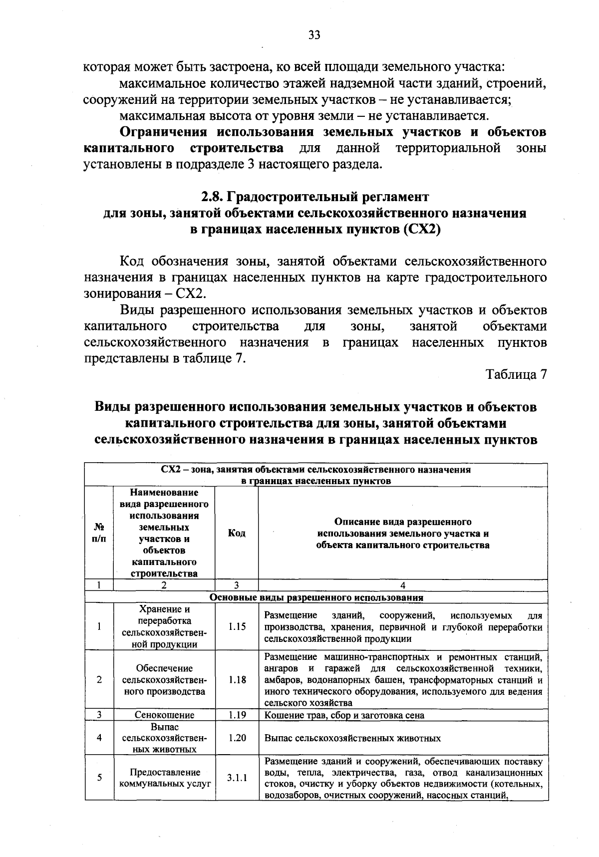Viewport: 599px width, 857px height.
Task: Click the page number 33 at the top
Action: click(314, 34)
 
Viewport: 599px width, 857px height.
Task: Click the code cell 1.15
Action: click(237, 626)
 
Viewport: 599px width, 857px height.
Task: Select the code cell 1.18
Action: click(237, 679)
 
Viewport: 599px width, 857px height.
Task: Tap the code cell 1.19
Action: click(237, 715)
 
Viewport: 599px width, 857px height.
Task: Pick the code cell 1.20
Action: click(237, 738)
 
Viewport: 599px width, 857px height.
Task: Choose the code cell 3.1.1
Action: click(237, 778)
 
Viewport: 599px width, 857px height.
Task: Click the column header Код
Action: click(237, 533)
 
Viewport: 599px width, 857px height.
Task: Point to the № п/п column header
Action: click(99, 533)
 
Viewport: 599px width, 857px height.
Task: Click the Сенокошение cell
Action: click(165, 715)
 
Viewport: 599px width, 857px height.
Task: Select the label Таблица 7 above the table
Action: click(517, 374)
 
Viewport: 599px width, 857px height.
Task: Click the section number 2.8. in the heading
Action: click(210, 197)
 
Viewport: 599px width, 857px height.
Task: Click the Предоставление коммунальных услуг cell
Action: click(165, 778)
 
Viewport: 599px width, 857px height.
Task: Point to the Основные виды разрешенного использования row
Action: click(316, 597)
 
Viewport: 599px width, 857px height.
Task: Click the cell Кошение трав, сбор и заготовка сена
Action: click(344, 715)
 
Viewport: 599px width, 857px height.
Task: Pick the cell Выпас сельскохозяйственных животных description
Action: click(352, 738)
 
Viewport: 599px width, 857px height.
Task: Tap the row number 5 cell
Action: click(99, 778)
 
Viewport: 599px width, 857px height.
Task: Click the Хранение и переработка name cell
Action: click(165, 626)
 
